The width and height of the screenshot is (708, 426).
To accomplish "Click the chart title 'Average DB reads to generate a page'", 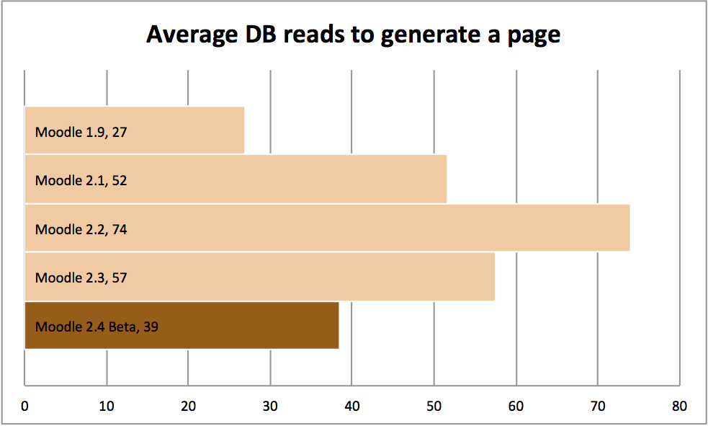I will click(x=353, y=34).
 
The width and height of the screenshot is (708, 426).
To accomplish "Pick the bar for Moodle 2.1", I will click(x=288, y=179).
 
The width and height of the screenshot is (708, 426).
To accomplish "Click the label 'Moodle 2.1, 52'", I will click(x=81, y=180).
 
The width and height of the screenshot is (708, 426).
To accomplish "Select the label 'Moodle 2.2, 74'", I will click(x=81, y=229).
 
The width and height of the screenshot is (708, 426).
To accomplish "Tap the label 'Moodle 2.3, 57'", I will click(x=81, y=278).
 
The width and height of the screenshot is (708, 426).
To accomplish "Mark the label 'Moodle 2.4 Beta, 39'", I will click(x=97, y=327).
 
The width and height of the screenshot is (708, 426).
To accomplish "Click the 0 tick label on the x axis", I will click(x=25, y=407).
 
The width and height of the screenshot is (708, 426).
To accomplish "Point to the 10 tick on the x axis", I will click(x=107, y=407).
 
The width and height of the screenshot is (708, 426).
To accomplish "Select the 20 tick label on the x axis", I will click(x=188, y=407).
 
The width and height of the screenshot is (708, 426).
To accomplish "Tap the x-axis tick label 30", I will click(x=270, y=407).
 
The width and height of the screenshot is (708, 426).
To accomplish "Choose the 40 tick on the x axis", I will click(x=351, y=407).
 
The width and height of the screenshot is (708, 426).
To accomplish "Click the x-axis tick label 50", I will click(x=434, y=407).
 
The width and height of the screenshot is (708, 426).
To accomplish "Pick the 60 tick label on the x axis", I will click(x=515, y=407).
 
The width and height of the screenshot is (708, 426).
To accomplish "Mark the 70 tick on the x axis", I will click(x=597, y=407).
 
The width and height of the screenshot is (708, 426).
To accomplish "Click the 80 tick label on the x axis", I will click(x=678, y=407).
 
